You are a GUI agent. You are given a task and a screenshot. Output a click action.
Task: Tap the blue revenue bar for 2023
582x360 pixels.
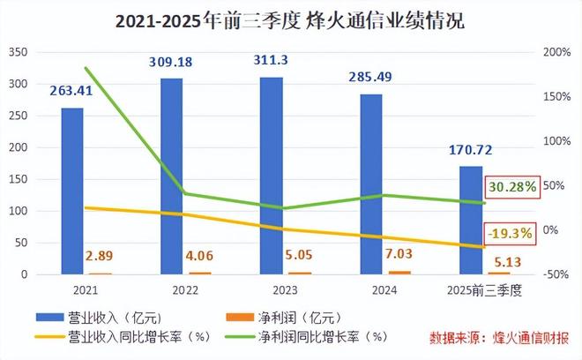[x=271, y=176]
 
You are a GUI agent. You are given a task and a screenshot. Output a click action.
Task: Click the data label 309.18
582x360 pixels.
[x=174, y=63]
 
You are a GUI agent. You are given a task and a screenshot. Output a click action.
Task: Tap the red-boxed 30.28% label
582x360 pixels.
[x=510, y=188]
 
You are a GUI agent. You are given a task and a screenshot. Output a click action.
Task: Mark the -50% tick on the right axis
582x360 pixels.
[x=555, y=274]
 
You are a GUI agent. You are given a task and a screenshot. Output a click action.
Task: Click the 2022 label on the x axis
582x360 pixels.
[x=172, y=289]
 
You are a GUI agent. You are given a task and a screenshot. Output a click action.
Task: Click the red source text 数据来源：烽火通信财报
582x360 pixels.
[x=499, y=337]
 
